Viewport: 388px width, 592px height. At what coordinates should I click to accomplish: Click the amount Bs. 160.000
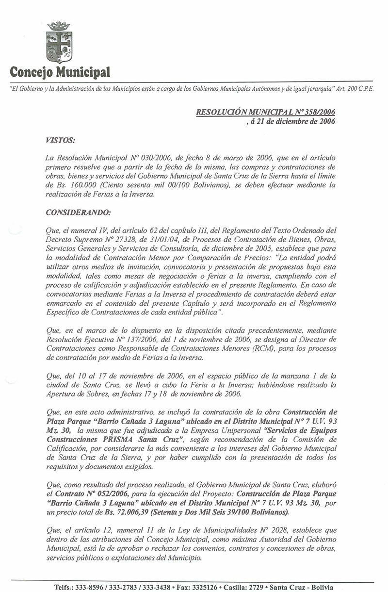click(x=65, y=185)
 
